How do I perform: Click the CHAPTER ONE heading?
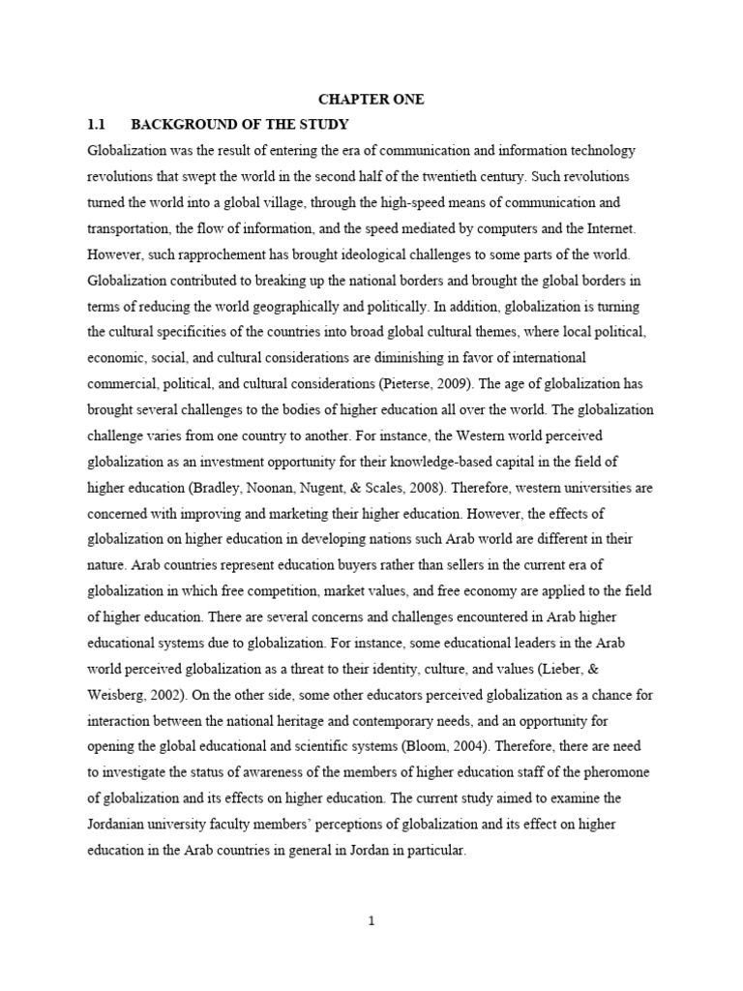coord(371,100)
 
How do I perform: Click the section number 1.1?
coord(96,126)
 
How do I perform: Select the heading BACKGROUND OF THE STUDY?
coord(240,126)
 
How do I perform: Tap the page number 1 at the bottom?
coord(371,920)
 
